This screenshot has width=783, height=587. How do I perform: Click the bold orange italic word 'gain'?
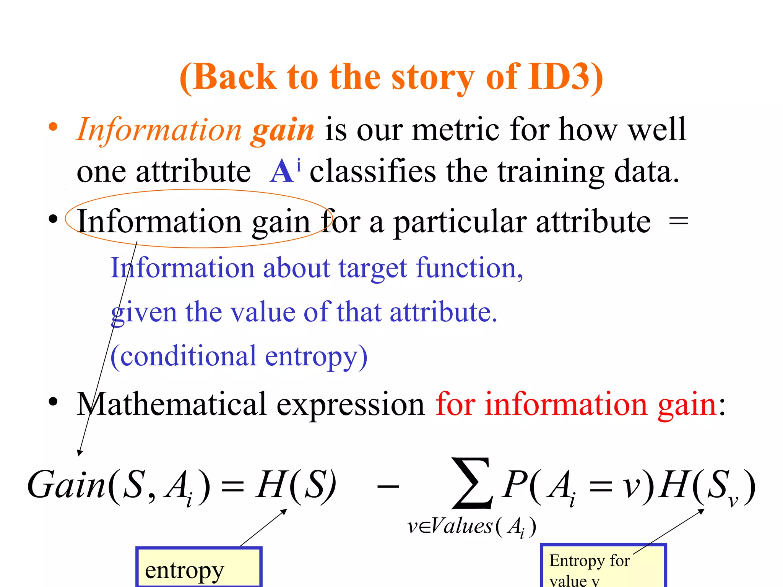(283, 130)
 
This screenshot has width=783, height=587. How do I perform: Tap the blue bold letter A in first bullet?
(282, 172)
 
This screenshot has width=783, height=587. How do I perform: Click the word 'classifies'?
(372, 172)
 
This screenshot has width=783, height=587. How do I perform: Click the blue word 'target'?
(373, 268)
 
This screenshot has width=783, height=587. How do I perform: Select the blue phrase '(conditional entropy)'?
(239, 356)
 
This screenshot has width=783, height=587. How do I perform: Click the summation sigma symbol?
(472, 483)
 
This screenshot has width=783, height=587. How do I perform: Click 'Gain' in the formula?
(66, 485)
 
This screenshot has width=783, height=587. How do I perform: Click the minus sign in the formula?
(388, 486)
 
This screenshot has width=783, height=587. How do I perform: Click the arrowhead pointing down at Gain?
(80, 453)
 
